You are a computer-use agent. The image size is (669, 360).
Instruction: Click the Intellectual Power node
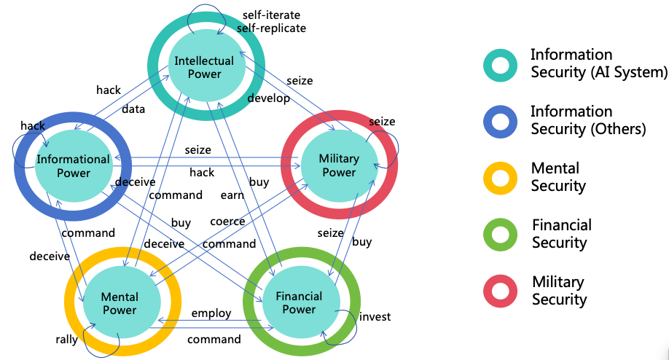(x=204, y=67)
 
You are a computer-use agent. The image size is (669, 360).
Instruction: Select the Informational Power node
(x=74, y=165)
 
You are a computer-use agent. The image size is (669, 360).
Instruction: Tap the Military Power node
(x=339, y=165)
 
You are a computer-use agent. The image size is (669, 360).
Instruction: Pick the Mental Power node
(x=120, y=303)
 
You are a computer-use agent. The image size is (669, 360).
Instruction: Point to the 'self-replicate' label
(x=271, y=28)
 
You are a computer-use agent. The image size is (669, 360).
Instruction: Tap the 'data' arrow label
(x=133, y=109)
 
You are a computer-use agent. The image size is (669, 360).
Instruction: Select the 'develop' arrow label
(x=268, y=98)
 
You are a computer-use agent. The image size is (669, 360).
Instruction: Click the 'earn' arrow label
(x=232, y=195)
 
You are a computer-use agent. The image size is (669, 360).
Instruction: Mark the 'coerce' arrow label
(x=227, y=221)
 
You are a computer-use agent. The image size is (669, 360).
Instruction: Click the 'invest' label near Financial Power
(x=375, y=316)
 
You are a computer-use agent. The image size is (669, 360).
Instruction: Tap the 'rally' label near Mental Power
(x=67, y=340)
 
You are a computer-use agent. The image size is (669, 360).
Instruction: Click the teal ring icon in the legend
(x=500, y=63)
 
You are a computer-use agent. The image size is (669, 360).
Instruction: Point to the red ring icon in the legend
(x=500, y=290)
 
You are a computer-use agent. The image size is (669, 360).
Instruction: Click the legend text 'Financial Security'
(x=561, y=233)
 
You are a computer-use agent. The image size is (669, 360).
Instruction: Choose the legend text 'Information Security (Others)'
(x=587, y=120)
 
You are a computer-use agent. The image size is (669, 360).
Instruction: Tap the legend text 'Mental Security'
(x=558, y=177)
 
